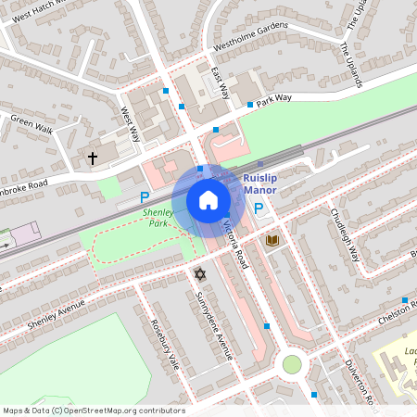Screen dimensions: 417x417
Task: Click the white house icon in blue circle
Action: [x=208, y=199]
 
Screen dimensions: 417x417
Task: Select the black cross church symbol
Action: [x=93, y=158]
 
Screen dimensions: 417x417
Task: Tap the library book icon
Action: [x=272, y=241]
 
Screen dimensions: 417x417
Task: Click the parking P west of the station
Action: [x=144, y=196]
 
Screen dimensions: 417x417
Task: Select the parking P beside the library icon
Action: [x=259, y=209]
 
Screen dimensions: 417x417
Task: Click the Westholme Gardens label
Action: [x=251, y=40]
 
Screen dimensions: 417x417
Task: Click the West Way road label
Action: [x=131, y=123]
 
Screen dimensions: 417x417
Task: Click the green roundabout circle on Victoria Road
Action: [x=292, y=364]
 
